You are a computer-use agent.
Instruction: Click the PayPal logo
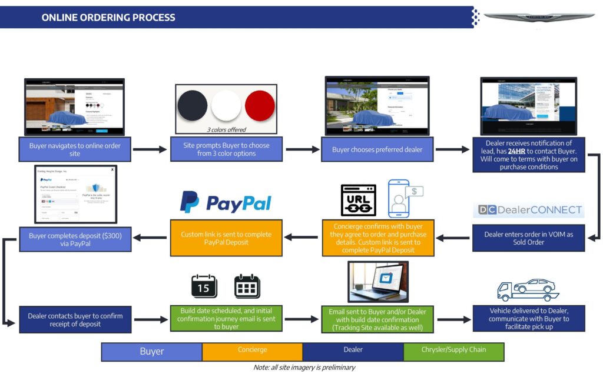click(x=226, y=202)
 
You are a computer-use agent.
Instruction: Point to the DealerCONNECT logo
click(x=529, y=210)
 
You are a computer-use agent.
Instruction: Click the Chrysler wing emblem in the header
click(x=539, y=17)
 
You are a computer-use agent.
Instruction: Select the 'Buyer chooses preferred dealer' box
click(x=377, y=149)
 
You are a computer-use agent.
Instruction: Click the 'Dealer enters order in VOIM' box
click(x=528, y=238)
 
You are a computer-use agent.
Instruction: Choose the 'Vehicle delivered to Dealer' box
click(x=528, y=318)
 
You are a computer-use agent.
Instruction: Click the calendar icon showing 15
click(x=204, y=286)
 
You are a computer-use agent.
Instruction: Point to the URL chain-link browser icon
click(x=358, y=200)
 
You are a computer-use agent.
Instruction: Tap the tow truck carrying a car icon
click(x=527, y=290)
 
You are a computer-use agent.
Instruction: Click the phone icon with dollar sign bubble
click(x=405, y=199)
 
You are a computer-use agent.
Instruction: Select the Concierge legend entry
click(x=252, y=351)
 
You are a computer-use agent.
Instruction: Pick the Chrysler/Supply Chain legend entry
click(x=453, y=351)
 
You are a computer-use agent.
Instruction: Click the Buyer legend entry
click(x=151, y=352)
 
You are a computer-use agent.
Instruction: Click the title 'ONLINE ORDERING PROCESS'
click(x=108, y=18)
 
